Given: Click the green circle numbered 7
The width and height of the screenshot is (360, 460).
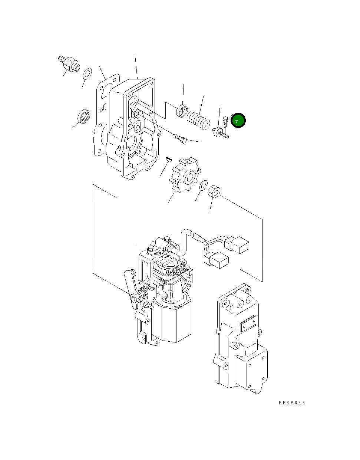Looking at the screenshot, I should [x=238, y=121].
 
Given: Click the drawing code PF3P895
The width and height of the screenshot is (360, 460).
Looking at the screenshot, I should [x=292, y=402].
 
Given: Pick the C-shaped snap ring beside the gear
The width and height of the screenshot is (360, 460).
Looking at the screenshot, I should [x=203, y=186].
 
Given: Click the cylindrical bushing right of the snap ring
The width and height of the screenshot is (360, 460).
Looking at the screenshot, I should [x=214, y=192].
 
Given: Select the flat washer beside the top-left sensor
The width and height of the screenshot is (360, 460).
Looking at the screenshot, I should [x=87, y=73].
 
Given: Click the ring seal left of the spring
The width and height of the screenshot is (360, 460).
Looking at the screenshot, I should [x=182, y=110].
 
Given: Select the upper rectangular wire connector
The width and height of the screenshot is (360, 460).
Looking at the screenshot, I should [x=239, y=245].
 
